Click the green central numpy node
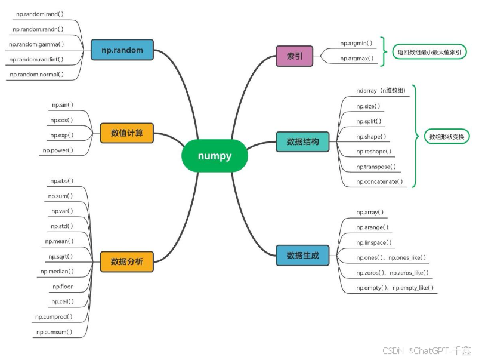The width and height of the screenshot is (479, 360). tap(214, 156)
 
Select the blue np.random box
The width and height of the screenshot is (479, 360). tap(122, 50)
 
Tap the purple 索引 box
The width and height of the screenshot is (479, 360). tap(294, 56)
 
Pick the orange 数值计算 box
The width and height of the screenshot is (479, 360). tap(127, 133)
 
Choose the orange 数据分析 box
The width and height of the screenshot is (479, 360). tap(127, 260)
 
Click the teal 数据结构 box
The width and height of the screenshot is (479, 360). tap(302, 141)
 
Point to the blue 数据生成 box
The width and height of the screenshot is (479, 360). tap(302, 256)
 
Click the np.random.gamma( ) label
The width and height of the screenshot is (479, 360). tap(36, 44)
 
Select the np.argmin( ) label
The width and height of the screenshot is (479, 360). tap(356, 43)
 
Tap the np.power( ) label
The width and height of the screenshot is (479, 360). tap(58, 150)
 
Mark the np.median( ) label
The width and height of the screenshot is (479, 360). tap(57, 271)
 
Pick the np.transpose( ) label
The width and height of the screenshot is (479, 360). tap(376, 167)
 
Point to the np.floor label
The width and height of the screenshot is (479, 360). tap(63, 287)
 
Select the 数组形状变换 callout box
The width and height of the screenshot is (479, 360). tap(446, 137)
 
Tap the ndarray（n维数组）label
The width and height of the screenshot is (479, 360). tap(381, 91)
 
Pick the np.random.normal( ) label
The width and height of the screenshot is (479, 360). tap(36, 75)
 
